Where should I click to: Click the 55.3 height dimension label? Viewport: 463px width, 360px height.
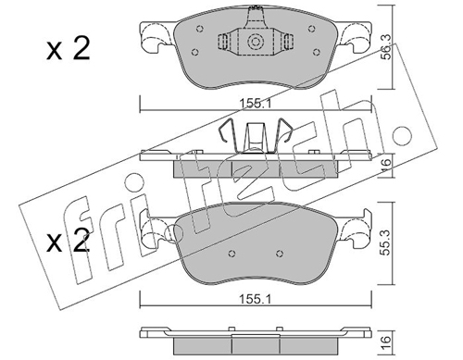(386, 242)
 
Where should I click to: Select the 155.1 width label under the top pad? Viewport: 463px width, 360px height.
(256, 104)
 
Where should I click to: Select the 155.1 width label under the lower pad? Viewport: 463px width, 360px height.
(256, 299)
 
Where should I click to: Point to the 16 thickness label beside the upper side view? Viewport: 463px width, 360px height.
(386, 166)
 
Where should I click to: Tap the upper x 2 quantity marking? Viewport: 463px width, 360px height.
(69, 48)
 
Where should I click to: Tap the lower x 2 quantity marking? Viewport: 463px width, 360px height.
(69, 241)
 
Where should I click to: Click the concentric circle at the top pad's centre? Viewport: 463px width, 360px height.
(256, 42)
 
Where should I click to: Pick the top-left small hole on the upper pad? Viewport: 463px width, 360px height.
(200, 29)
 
